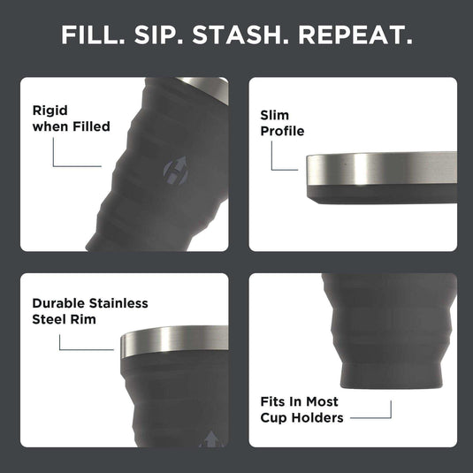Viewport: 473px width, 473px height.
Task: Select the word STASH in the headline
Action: pyautogui.click(x=248, y=36)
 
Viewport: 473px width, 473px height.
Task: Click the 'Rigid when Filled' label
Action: pyautogui.click(x=71, y=118)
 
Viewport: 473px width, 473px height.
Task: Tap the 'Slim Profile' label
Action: pyautogui.click(x=282, y=123)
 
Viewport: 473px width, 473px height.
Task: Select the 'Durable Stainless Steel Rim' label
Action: pyautogui.click(x=89, y=311)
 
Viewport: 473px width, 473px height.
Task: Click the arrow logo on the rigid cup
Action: pyautogui.click(x=176, y=170)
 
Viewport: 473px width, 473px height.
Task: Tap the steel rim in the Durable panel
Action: pyautogui.click(x=172, y=341)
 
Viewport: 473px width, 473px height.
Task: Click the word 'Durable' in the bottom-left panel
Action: pyautogui.click(x=60, y=303)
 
